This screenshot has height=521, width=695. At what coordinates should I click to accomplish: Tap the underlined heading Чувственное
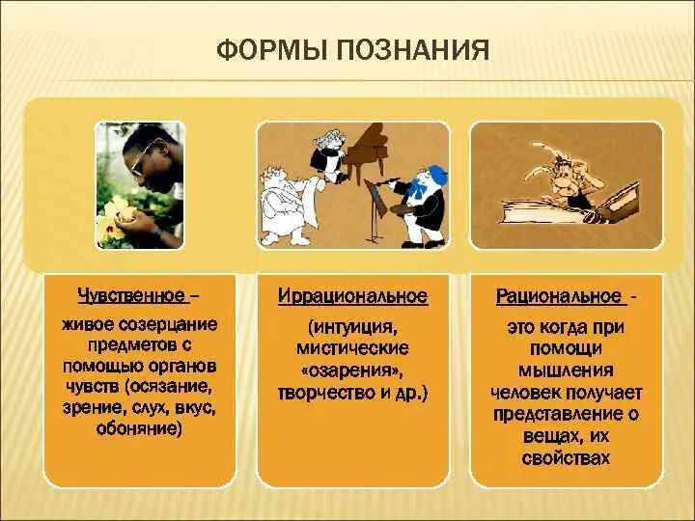point(131,295)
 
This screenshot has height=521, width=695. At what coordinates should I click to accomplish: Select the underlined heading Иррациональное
point(353,296)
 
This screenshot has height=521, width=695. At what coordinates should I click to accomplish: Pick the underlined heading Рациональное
point(558,296)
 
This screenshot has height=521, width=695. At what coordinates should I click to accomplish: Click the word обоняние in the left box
point(139,429)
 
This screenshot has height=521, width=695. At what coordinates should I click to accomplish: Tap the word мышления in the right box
point(566,370)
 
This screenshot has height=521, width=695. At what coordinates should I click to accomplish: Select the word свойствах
point(566,458)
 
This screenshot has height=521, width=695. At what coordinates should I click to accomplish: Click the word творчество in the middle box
point(326,394)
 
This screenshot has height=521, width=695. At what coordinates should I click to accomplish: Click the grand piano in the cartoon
point(367,151)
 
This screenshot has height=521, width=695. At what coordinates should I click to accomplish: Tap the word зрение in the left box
point(90,408)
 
